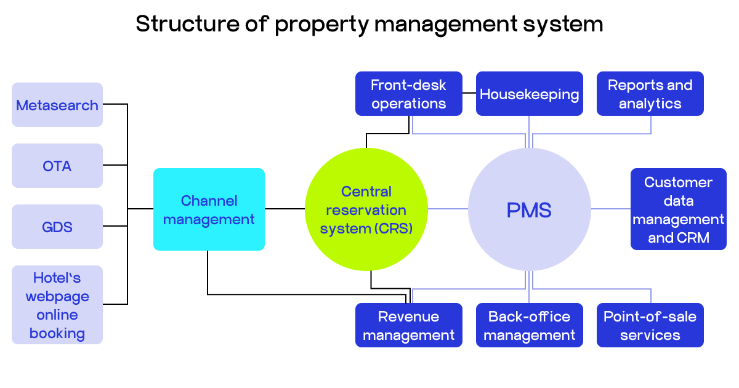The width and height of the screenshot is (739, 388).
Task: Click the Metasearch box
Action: pos(57,105)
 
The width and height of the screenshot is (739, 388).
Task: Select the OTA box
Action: pos(57,166)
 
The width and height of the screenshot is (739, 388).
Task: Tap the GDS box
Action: pos(57,227)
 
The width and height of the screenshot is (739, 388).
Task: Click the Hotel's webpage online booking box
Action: pos(57,305)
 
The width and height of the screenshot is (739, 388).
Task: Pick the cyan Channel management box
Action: pos(209,209)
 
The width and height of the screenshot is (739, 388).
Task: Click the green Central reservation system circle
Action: pos(366,209)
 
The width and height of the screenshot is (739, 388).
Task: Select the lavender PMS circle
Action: pos(529,209)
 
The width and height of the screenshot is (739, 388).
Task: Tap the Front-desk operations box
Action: pos(409,94)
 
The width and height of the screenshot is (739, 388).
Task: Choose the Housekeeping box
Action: pos(530,94)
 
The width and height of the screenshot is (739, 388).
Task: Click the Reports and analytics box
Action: pos(650,94)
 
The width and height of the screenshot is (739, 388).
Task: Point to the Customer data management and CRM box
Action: pos(679,209)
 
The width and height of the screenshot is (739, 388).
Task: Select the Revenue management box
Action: pos(409,325)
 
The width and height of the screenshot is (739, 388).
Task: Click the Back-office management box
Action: pos(530,325)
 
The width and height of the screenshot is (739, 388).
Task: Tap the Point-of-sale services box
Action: pos(650,325)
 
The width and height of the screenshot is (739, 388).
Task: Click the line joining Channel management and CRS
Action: pos(285,209)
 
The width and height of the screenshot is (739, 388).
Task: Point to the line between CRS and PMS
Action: pos(448,209)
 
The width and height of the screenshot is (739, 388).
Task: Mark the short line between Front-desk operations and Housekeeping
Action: pos(469,94)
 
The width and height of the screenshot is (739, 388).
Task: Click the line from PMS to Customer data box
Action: pos(610,209)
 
